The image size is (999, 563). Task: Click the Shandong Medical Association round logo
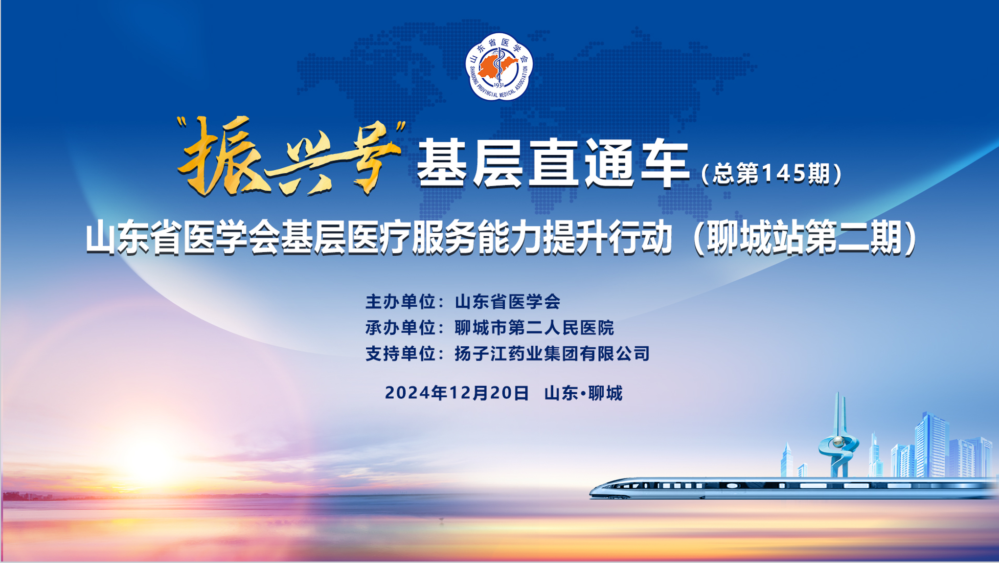[x=499, y=67]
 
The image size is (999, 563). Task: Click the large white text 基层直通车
[x=553, y=163]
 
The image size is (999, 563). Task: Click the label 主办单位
[x=400, y=302]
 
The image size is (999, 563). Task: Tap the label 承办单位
[x=400, y=328]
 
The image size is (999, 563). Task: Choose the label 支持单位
[x=400, y=354]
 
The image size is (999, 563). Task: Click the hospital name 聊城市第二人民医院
[x=534, y=328]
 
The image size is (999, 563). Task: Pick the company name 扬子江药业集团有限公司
[x=552, y=354]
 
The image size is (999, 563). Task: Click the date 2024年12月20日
[x=457, y=393]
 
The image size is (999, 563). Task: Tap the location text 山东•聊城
[x=584, y=393]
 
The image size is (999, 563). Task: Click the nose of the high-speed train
[x=593, y=491]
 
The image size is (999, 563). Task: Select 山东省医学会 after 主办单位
[x=508, y=302]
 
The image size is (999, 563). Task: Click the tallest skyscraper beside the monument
[x=931, y=445]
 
